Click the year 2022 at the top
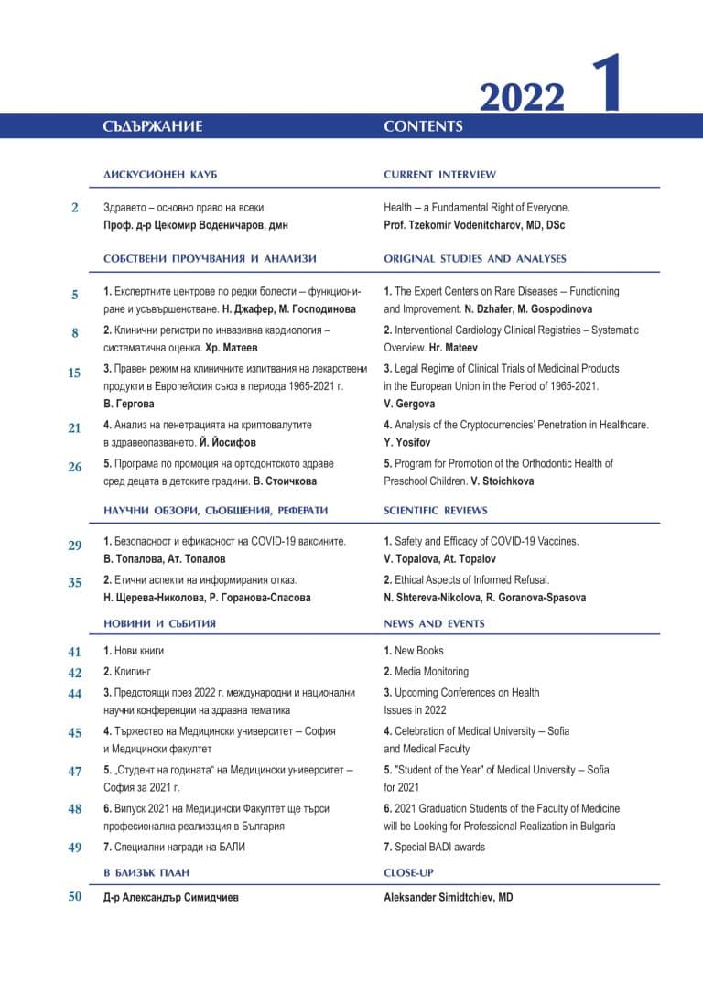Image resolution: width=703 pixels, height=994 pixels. tap(522, 95)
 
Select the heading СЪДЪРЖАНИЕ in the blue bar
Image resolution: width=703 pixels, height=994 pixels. tap(153, 126)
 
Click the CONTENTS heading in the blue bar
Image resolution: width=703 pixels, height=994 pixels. tap(423, 126)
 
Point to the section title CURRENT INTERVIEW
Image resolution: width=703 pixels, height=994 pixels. tap(439, 174)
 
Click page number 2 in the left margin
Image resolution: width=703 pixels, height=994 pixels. tap(75, 208)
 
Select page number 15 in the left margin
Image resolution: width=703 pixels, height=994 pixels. tap(75, 373)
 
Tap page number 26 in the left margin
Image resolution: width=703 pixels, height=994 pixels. tap(75, 467)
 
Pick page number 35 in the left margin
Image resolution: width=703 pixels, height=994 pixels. tap(75, 582)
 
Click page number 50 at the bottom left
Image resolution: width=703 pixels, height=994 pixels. tap(75, 897)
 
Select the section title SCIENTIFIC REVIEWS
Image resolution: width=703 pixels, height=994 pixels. tap(436, 510)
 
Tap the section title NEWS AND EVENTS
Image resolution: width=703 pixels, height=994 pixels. tap(434, 623)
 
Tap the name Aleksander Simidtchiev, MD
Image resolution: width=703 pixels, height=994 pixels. tap(449, 898)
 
